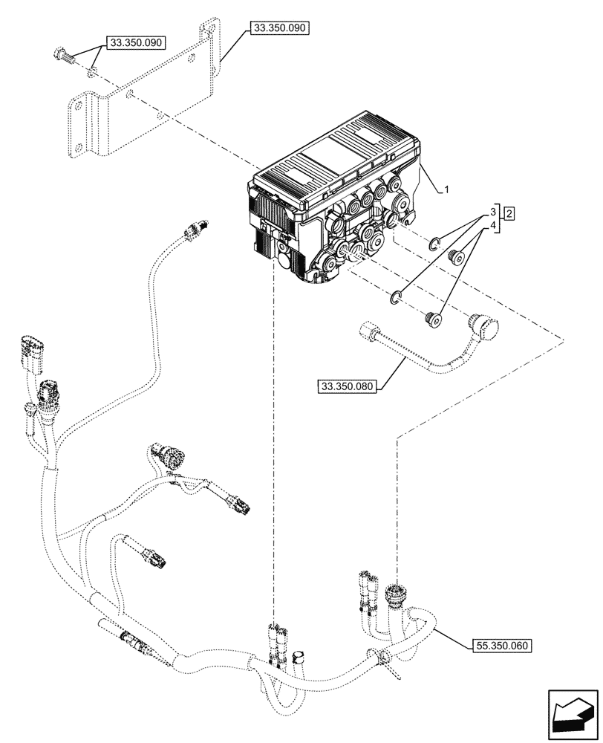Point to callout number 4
(x=492, y=224)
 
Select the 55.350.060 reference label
(x=501, y=646)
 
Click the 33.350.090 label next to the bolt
(x=137, y=44)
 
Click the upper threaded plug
(x=458, y=258)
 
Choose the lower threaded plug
(x=432, y=319)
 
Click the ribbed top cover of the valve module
(x=334, y=156)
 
